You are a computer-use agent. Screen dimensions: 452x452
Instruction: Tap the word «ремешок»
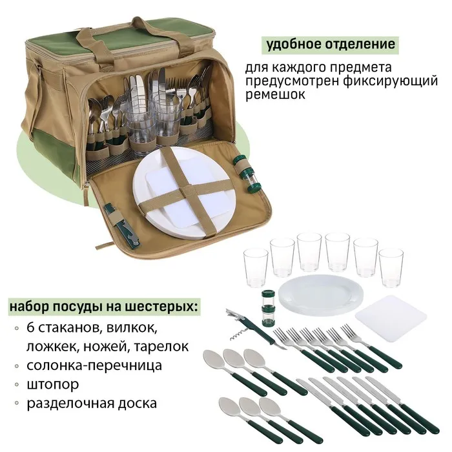tap(275, 95)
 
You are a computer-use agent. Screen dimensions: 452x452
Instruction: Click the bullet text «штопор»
tap(53, 385)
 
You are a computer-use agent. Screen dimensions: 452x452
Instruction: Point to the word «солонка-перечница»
tap(94, 365)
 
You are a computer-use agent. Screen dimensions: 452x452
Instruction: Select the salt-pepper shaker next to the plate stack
tap(269, 308)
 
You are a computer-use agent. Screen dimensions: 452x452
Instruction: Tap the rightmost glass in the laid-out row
tap(391, 268)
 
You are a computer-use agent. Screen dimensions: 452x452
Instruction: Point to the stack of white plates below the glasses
tap(320, 294)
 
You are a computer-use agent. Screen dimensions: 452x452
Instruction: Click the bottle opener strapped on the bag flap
tap(121, 225)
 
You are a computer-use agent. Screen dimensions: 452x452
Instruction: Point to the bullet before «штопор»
tap(17, 385)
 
